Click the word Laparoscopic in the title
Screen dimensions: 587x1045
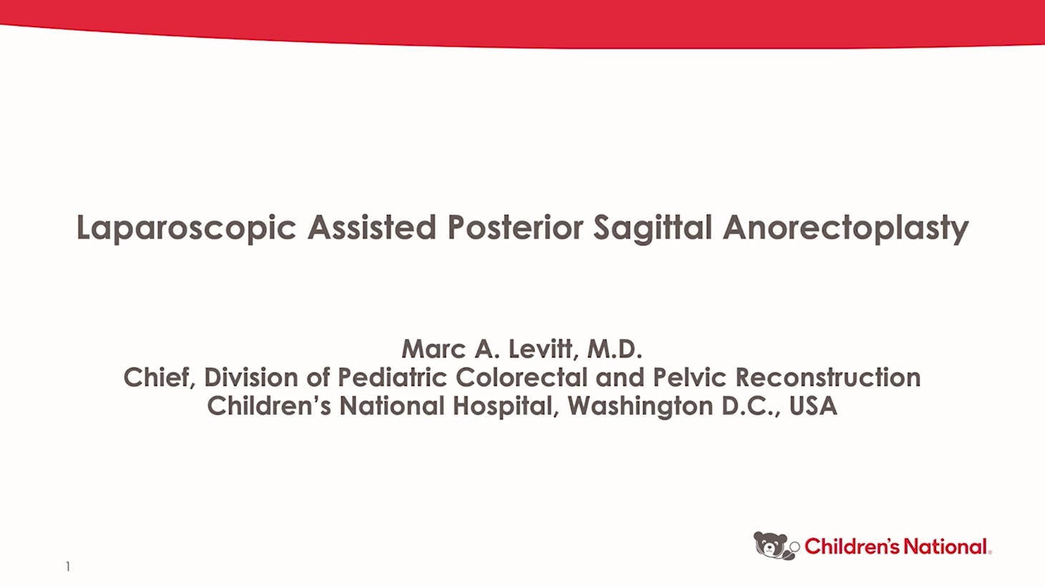(x=186, y=228)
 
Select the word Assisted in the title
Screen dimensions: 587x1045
(x=371, y=228)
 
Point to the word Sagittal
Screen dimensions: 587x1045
(x=652, y=228)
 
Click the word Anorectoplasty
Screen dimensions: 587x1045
(x=845, y=228)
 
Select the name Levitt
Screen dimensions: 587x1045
(x=541, y=349)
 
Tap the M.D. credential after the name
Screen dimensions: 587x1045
(x=614, y=349)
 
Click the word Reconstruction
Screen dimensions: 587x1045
(x=828, y=378)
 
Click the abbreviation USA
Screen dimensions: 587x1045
(x=813, y=406)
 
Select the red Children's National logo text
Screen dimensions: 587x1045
(x=896, y=547)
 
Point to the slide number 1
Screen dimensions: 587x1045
(x=68, y=567)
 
